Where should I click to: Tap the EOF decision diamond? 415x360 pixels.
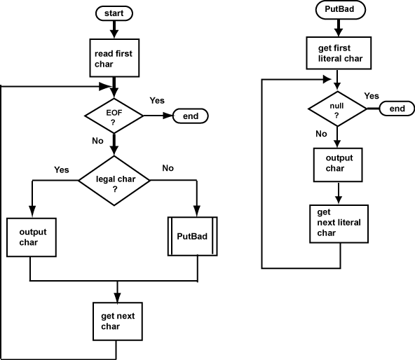point(113,116)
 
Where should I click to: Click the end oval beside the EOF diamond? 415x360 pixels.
point(190,116)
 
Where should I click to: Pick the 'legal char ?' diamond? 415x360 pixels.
point(114,181)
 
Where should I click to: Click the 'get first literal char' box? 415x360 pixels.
point(339,53)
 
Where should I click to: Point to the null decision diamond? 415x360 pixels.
point(337,109)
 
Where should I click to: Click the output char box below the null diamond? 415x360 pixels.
point(339,164)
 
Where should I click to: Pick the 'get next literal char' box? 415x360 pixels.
point(339,223)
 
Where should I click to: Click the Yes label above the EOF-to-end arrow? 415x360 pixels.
point(157,101)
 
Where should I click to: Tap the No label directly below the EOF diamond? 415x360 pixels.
point(98,140)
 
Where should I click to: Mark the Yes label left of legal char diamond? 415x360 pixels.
point(62,169)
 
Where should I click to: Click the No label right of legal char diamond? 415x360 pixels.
point(168,168)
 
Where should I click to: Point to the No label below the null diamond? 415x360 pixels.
point(321,133)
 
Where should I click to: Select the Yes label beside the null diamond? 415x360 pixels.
point(372,96)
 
